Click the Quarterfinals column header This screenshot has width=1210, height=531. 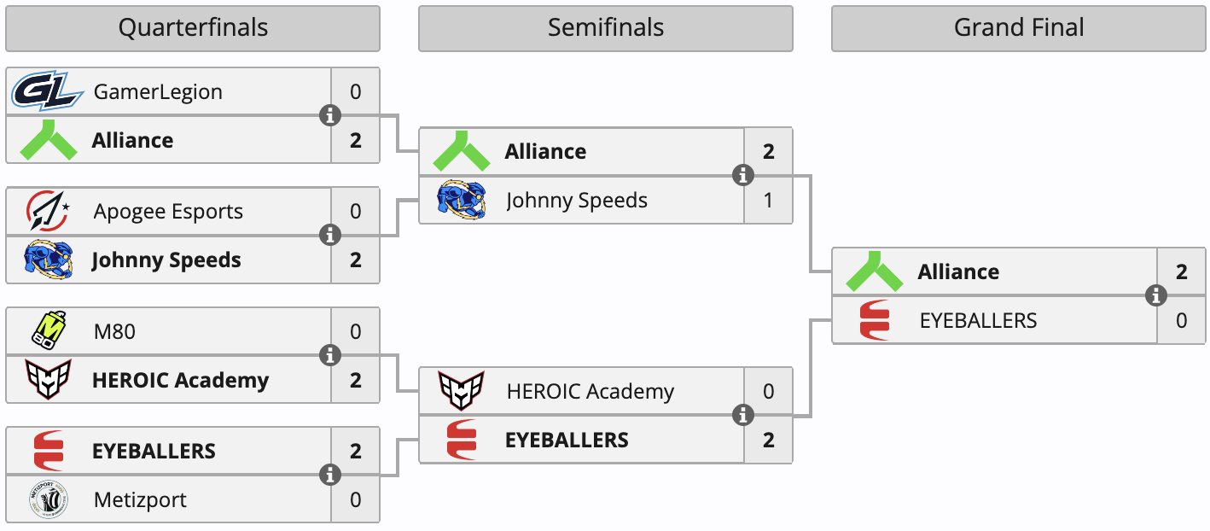[x=193, y=28]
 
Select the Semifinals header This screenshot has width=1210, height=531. [x=605, y=28]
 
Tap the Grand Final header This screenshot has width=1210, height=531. [x=1018, y=28]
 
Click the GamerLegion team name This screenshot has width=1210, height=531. [x=158, y=91]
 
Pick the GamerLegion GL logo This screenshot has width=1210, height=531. [x=47, y=91]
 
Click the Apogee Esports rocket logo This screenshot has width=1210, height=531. [x=49, y=211]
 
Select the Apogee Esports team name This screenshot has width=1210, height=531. [x=168, y=212]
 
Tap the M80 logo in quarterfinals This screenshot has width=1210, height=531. [x=49, y=331]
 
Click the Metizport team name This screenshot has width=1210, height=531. [x=140, y=500]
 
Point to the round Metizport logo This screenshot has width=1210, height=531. [x=49, y=500]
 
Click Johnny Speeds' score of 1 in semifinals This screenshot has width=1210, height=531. [x=768, y=201]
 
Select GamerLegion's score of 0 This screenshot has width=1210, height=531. [x=356, y=91]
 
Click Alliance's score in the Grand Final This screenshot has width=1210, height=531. [x=1182, y=272]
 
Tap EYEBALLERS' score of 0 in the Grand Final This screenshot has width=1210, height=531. [x=1182, y=321]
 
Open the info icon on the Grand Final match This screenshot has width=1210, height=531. [x=1156, y=295]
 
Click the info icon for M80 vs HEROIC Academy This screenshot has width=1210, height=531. [x=330, y=355]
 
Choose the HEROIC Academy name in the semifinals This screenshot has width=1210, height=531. [x=590, y=392]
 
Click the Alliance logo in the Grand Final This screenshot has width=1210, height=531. [x=874, y=271]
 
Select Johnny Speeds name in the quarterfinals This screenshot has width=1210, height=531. [x=166, y=260]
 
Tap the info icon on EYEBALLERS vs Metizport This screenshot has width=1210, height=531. [x=330, y=476]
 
